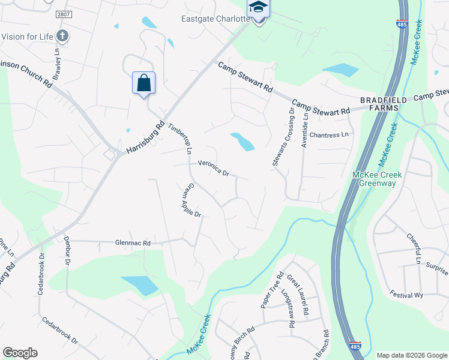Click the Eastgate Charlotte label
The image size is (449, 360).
pyautogui.click(x=215, y=19)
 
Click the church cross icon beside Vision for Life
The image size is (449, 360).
pyautogui.click(x=62, y=35)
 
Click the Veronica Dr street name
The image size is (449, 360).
pyautogui.click(x=214, y=168)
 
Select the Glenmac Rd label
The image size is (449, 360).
pyautogui.click(x=133, y=244)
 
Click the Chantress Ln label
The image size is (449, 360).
pyautogui.click(x=329, y=135)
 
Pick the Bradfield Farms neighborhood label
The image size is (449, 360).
pyautogui.click(x=384, y=103)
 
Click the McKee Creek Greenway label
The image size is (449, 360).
pyautogui.click(x=377, y=179)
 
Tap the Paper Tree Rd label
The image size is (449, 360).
pyautogui.click(x=271, y=290)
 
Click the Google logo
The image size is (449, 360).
pyautogui.click(x=20, y=353)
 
